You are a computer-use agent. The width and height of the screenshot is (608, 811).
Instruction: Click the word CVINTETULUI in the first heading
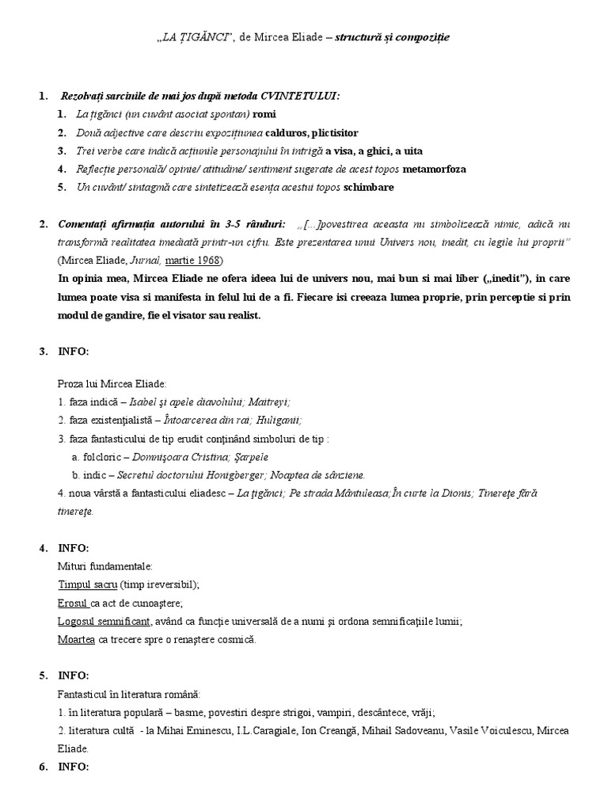(301, 96)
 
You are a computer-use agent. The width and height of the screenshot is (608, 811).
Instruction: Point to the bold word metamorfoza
(435, 169)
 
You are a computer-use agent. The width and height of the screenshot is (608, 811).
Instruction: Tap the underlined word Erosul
(73, 603)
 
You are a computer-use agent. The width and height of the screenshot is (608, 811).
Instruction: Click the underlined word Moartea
(77, 639)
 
